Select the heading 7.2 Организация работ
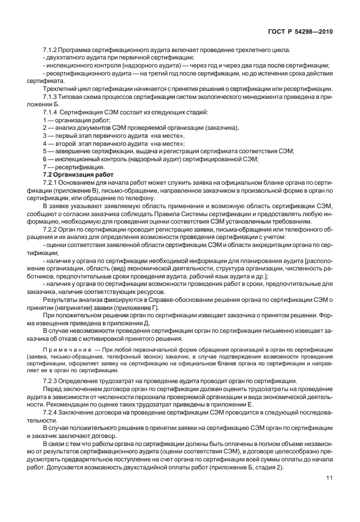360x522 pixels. [x=78, y=173]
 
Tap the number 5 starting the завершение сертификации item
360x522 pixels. [x=45, y=151]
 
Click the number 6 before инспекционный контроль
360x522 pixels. [x=45, y=158]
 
